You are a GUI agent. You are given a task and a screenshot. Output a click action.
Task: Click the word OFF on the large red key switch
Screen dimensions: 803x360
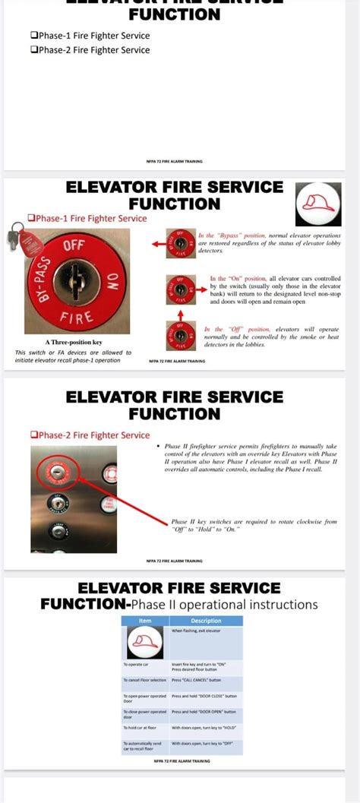coord(74,245)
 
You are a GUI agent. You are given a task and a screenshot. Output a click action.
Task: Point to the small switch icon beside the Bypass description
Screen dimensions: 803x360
coord(181,244)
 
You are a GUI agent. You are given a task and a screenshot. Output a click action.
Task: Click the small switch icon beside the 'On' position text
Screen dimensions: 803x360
coord(181,289)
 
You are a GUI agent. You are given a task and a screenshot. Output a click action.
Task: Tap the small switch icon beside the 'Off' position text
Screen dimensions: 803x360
coord(181,335)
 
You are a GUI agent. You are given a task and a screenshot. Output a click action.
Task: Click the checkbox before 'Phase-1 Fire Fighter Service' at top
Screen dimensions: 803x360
coord(34,36)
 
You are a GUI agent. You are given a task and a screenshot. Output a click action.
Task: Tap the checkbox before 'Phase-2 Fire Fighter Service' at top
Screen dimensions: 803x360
coord(34,50)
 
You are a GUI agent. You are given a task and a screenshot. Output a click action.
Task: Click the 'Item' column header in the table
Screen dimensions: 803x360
coord(145,621)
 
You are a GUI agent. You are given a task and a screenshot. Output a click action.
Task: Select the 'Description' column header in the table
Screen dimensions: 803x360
coord(206,621)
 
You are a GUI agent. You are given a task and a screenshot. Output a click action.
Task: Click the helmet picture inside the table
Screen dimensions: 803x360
coord(145,644)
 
